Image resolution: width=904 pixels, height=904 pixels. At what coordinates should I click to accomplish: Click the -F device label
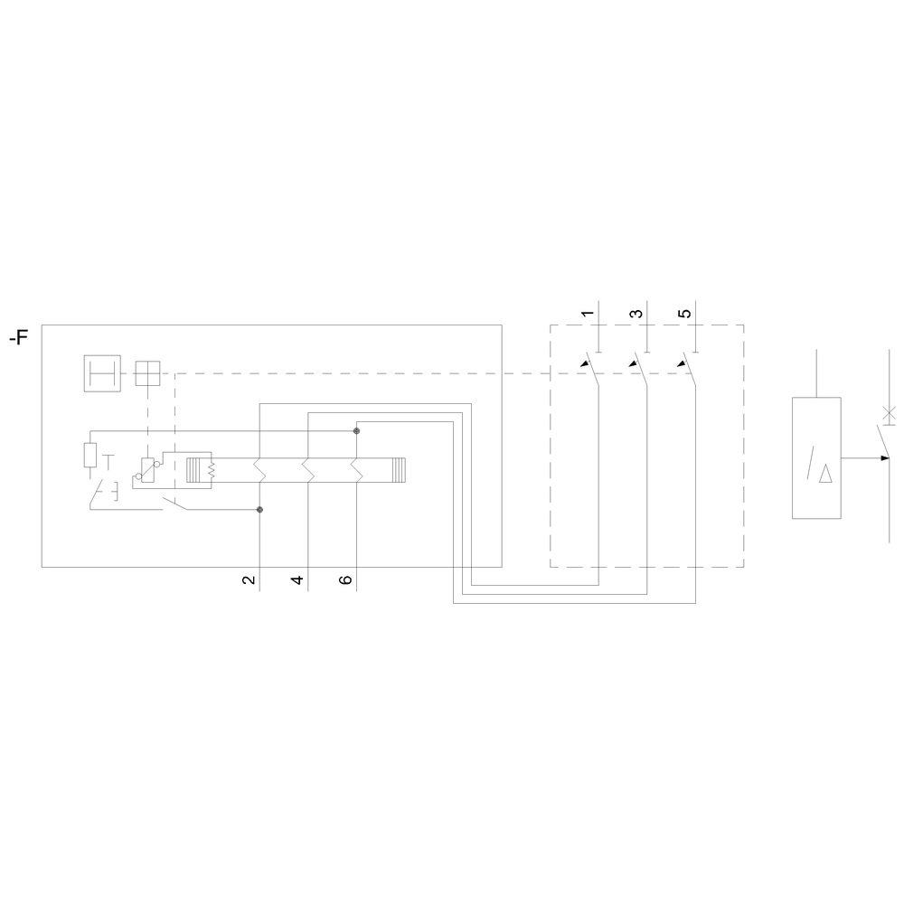point(18,336)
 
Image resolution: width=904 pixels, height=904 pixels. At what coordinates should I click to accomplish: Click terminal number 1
point(588,314)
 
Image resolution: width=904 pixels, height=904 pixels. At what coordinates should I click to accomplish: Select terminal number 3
point(636,314)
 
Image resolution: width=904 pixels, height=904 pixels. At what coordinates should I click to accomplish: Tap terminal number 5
point(684,314)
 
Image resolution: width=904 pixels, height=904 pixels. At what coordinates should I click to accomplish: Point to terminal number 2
point(249,579)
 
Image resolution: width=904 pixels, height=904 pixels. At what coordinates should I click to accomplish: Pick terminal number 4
point(297,579)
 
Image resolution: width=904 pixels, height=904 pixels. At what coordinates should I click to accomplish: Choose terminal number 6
point(345,579)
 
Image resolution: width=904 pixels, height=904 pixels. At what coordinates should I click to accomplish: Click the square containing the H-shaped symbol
point(102,373)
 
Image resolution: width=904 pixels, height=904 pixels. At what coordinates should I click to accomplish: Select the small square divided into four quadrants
point(147,373)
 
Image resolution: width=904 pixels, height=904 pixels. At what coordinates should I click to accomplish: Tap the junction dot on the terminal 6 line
point(356,430)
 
